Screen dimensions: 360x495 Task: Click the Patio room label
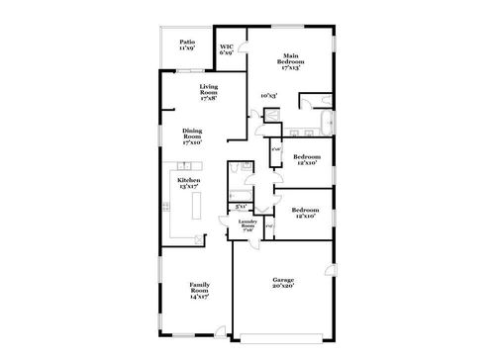pos(187,45)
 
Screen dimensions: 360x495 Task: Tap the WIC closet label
pos(227,47)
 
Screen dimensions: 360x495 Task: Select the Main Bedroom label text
pos(290,60)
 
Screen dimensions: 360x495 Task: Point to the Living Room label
pos(209,93)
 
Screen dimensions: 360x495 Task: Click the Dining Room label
pos(193,136)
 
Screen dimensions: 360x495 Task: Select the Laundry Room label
pos(247,225)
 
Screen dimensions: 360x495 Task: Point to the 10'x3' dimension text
pos(268,95)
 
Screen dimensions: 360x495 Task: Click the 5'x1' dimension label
pos(241,206)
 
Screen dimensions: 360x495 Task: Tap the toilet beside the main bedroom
pos(307,100)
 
